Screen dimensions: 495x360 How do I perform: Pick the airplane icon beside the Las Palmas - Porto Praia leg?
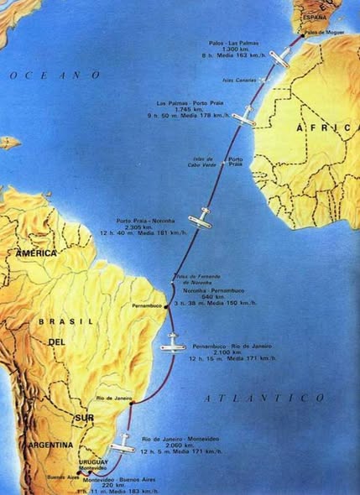click(x=243, y=117)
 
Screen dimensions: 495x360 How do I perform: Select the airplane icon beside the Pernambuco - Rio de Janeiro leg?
click(x=174, y=342)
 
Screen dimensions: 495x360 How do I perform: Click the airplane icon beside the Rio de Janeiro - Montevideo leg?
click(x=123, y=441)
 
